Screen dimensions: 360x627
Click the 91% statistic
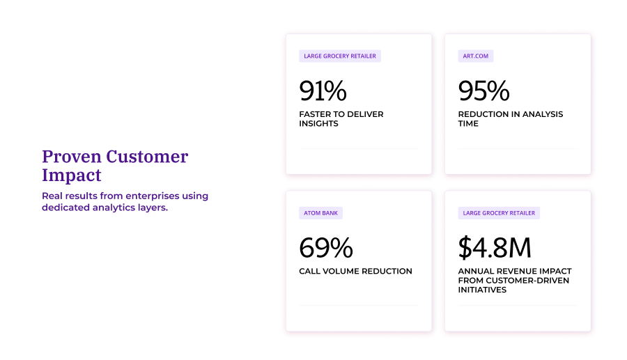click(x=323, y=91)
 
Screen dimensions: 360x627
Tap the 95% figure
click(x=483, y=91)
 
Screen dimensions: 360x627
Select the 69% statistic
click(x=325, y=248)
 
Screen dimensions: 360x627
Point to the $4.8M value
click(x=495, y=248)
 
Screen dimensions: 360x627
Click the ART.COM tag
click(x=476, y=56)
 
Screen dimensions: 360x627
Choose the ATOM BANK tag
click(x=320, y=213)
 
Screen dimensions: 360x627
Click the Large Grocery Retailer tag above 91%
click(x=340, y=56)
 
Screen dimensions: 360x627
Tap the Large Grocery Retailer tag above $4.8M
click(x=499, y=213)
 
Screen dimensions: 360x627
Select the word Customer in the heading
click(x=147, y=157)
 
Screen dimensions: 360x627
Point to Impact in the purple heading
click(x=71, y=175)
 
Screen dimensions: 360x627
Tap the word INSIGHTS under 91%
click(x=318, y=123)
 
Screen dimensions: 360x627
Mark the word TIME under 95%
click(x=468, y=123)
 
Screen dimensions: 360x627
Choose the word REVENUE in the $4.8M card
click(x=513, y=271)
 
